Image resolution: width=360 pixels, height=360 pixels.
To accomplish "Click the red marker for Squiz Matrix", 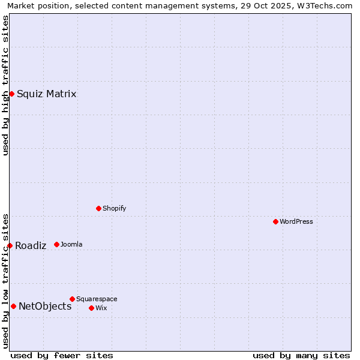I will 11,94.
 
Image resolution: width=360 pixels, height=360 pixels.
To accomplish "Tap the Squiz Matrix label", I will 46,94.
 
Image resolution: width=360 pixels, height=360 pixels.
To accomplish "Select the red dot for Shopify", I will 98,208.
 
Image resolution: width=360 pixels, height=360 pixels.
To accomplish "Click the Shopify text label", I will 114,208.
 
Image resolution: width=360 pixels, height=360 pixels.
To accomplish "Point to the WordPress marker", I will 275,221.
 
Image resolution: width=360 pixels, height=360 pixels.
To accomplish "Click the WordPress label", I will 296,221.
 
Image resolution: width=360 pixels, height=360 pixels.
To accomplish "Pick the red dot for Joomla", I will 56,244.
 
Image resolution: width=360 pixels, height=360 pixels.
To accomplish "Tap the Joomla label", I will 71,244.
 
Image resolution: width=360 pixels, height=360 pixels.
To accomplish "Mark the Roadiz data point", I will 10,245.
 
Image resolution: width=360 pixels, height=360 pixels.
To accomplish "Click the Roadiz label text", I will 31,245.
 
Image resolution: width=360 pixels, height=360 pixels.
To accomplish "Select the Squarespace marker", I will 72,299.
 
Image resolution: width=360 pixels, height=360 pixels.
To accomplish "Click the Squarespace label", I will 97,299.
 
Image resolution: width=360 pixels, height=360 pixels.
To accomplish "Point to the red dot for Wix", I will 91,308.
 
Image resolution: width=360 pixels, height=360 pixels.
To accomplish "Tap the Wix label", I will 101,308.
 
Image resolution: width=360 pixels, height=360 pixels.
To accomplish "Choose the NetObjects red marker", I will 13,306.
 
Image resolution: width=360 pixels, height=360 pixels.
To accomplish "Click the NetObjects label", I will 45,306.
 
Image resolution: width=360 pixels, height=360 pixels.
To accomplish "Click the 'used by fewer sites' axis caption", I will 62,355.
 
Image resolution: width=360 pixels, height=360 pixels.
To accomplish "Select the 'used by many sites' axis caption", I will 301,355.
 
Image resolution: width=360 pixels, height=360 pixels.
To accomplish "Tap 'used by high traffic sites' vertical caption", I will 6,85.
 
